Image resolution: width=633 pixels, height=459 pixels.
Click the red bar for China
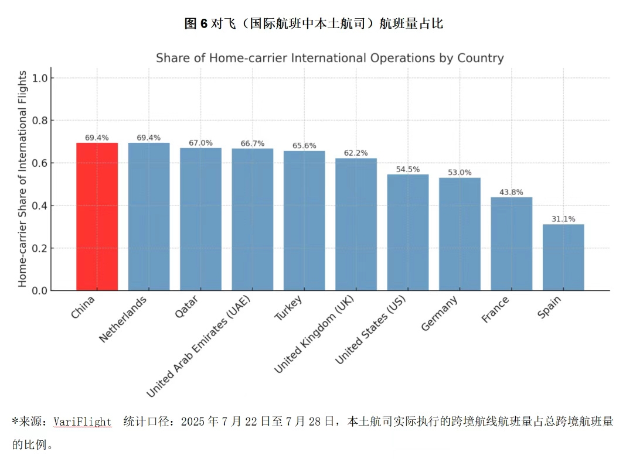pos(97,217)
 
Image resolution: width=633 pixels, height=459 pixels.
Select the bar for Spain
pos(563,258)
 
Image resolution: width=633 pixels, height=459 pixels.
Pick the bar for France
pos(512,244)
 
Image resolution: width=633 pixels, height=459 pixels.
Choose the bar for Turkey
pos(304,221)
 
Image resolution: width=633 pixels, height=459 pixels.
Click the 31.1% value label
pos(563,219)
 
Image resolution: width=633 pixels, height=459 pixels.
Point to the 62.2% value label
pos(356,153)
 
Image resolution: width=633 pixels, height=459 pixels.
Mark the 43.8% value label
pos(512,192)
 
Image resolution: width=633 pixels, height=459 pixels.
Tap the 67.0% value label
pos(200,143)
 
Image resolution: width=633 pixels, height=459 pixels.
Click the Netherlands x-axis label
pos(124,319)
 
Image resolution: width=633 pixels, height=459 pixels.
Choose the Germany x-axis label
pos(440,314)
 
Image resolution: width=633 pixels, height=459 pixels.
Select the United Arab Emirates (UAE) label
pos(199,347)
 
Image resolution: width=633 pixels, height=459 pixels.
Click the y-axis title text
pos(22,179)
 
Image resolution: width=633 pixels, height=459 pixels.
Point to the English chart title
pos(329,58)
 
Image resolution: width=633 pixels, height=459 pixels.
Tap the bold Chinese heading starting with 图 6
pos(314,23)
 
